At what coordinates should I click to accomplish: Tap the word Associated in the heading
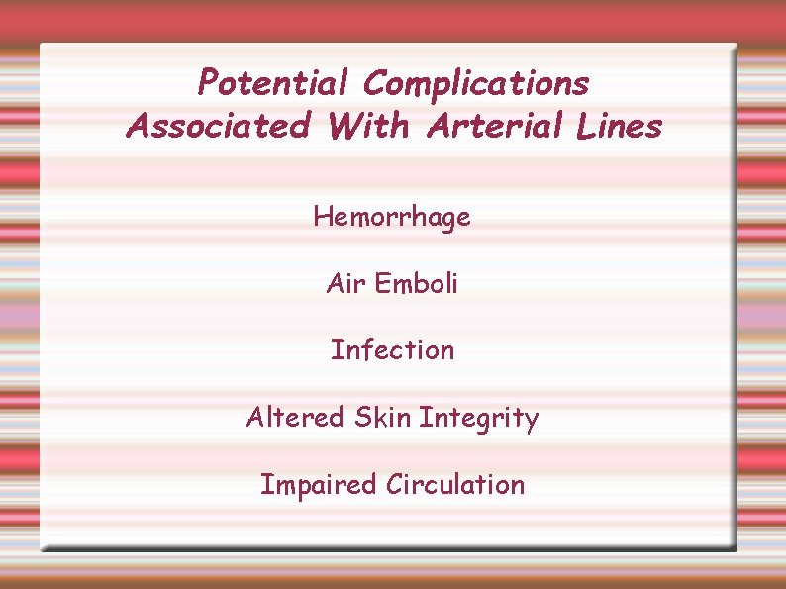pos(218,126)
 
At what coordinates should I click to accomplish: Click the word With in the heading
pos(369,126)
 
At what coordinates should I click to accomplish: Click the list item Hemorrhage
pos(392,217)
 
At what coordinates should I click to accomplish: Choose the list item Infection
pos(392,350)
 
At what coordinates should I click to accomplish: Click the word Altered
pos(295,418)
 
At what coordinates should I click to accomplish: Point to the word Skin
pos(382,418)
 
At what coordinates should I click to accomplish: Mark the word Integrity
pos(478,419)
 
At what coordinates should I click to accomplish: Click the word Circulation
pos(455,485)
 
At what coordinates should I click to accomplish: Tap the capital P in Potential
pos(208,82)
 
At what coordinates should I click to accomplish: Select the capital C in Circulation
pos(395,485)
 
